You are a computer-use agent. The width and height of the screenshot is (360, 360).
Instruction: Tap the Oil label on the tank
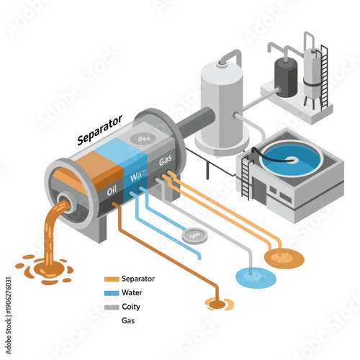[x=112, y=191]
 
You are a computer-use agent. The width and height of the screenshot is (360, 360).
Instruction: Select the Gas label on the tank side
[x=164, y=160]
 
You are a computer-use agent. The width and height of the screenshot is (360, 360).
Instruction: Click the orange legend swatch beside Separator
[x=111, y=279]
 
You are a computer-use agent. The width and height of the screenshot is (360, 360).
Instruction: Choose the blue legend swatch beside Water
[x=111, y=293]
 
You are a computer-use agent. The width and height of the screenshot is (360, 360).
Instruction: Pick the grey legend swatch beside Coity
[x=111, y=307]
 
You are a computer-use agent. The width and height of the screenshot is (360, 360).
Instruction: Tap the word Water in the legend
[x=134, y=293]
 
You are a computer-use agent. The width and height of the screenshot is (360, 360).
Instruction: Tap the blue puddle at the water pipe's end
[x=256, y=276]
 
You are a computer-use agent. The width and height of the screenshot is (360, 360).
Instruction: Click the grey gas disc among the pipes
[x=194, y=235]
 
